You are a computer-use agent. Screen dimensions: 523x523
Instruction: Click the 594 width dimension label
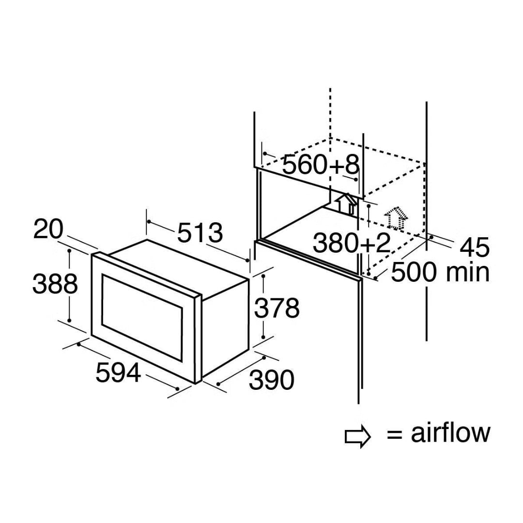tap(118, 372)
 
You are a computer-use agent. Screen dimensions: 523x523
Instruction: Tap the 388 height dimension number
tap(55, 284)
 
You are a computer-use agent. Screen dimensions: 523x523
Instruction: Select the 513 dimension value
tap(200, 233)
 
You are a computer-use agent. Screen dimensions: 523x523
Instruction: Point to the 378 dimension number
tap(277, 308)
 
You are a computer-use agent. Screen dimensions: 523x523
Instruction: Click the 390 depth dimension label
tap(271, 380)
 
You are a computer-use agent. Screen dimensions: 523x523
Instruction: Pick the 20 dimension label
tap(48, 229)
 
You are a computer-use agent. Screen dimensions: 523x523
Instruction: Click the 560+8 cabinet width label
tap(321, 166)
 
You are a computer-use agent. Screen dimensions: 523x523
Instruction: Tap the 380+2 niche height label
tap(352, 243)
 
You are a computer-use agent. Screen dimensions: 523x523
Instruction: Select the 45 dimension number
tap(475, 247)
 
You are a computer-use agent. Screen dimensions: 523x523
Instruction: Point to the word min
tap(467, 273)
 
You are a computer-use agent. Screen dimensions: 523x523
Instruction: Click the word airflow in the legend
tap(450, 432)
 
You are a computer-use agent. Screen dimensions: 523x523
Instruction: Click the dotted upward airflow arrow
tap(395, 217)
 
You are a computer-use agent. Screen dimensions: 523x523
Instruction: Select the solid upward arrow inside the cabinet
tap(347, 203)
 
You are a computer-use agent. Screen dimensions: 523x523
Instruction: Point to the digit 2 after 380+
tap(383, 243)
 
